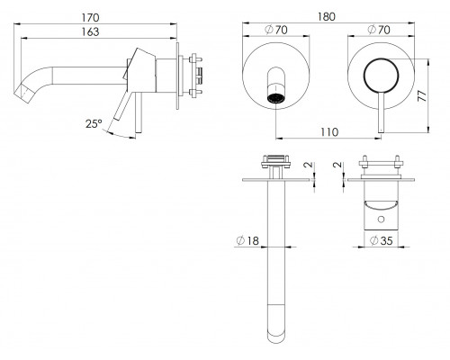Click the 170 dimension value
click(90, 17)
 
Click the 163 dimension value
click(90, 31)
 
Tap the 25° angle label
click(94, 123)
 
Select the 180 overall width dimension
click(327, 16)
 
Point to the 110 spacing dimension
click(329, 132)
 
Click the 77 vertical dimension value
click(422, 95)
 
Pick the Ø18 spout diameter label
click(247, 240)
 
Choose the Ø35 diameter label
click(381, 240)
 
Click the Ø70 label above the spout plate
click(276, 30)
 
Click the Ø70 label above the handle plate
click(379, 30)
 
